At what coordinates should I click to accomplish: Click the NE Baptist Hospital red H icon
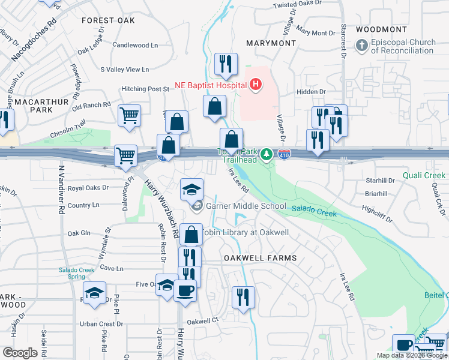256,85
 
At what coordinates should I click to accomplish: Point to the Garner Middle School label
246,206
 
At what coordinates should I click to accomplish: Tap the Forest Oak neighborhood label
109,20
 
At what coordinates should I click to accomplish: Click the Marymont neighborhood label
271,43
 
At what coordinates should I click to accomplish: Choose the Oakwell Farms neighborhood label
261,258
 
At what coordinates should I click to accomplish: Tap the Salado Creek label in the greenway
316,211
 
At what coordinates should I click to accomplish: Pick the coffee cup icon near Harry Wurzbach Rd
185,291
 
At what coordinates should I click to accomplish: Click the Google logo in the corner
20,353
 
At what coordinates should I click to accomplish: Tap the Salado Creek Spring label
76,274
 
